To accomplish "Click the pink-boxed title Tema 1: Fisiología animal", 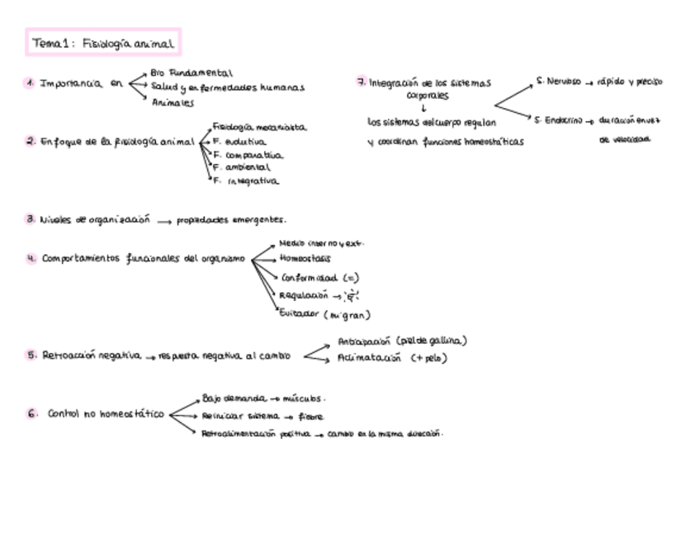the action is pyautogui.click(x=103, y=44).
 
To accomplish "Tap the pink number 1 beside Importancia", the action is pyautogui.click(x=30, y=83).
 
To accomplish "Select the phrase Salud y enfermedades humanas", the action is pyautogui.click(x=228, y=87).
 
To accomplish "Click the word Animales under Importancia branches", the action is pyautogui.click(x=172, y=103).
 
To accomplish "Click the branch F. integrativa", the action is pyautogui.click(x=246, y=181).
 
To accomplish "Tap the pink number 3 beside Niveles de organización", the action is pyautogui.click(x=30, y=220).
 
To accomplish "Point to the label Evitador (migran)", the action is pyautogui.click(x=325, y=314).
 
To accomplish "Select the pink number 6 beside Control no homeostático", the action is pyautogui.click(x=31, y=414).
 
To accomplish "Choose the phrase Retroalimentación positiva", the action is pyautogui.click(x=256, y=433).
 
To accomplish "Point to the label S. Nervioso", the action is pyautogui.click(x=559, y=82).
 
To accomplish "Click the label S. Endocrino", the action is pyautogui.click(x=559, y=120).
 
